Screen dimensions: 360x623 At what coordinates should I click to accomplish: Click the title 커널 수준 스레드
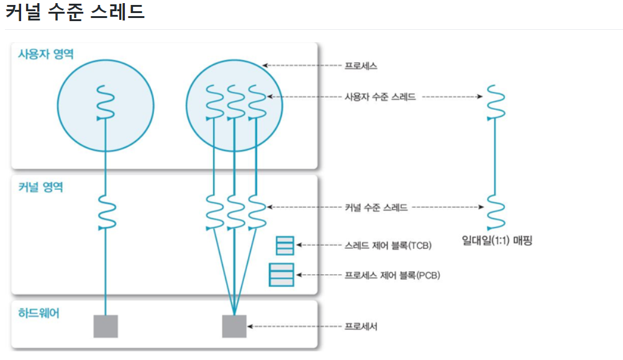click(75, 12)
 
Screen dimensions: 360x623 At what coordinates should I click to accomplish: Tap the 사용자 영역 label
click(46, 54)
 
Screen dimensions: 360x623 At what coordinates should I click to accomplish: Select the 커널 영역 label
click(41, 186)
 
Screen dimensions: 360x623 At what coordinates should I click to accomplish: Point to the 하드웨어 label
click(39, 313)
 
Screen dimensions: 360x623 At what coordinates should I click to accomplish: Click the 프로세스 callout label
click(361, 65)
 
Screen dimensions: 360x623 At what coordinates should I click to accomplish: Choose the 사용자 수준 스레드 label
click(380, 97)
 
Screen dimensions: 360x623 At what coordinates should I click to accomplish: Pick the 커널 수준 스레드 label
click(376, 207)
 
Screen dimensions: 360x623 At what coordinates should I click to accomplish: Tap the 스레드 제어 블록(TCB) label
click(388, 245)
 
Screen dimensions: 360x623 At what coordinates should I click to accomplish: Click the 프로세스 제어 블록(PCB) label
click(392, 275)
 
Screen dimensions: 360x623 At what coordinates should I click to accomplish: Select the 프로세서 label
click(361, 326)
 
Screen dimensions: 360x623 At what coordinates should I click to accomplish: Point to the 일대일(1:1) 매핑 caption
click(497, 240)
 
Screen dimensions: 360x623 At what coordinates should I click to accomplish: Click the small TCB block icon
click(285, 246)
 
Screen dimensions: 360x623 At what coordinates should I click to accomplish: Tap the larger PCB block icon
click(281, 274)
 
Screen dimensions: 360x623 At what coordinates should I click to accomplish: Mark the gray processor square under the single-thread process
click(106, 326)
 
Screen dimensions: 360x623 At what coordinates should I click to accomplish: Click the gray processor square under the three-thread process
click(234, 326)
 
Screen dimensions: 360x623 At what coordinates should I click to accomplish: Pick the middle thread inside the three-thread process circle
click(235, 102)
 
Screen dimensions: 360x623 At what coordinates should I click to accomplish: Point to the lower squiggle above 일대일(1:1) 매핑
click(495, 211)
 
